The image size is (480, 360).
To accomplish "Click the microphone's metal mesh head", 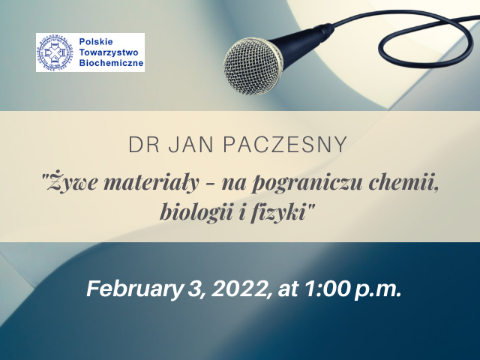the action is click(x=253, y=66).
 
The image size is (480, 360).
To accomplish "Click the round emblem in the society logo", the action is click(x=55, y=52).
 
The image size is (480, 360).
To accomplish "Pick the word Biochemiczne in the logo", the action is click(x=112, y=63).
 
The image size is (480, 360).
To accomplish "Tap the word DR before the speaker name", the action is click(x=144, y=145).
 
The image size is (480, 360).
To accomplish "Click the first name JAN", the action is click(x=191, y=145).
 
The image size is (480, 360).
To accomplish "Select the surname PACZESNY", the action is click(x=285, y=145).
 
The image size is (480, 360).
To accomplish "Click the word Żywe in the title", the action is click(x=74, y=183).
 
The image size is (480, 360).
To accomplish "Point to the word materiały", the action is click(x=151, y=183).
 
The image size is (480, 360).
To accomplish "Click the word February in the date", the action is click(x=134, y=289).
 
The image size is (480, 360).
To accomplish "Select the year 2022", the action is click(x=241, y=289).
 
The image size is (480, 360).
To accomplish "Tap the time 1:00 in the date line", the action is click(x=326, y=289).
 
